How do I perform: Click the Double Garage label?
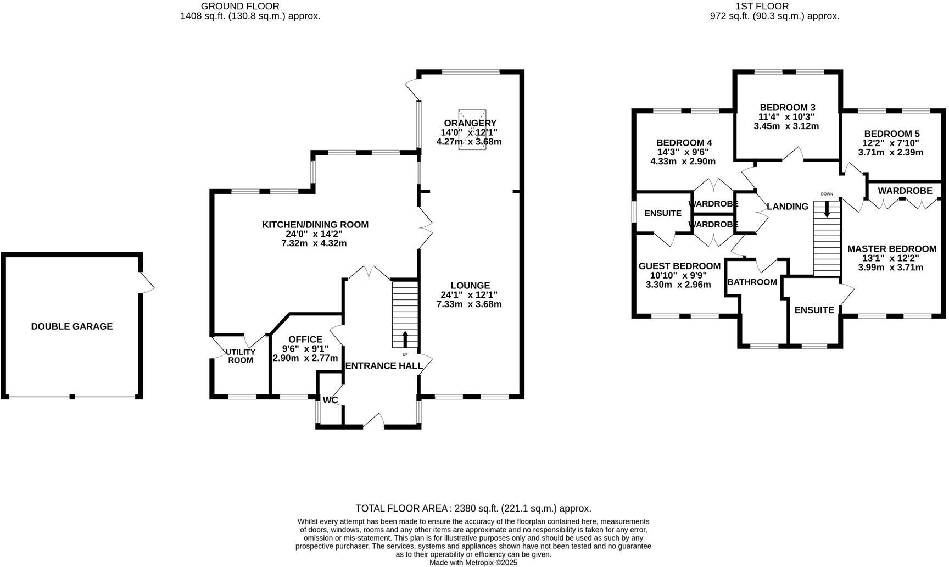pos(71,326)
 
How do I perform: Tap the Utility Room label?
pos(241,356)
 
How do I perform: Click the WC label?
pos(330,401)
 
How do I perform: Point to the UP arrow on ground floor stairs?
pos(405,338)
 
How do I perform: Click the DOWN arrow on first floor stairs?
pos(827,209)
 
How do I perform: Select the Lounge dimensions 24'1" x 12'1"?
pos(470,295)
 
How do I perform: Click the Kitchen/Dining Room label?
pos(315,225)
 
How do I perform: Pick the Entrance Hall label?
pos(383,366)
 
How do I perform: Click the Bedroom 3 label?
pos(787,108)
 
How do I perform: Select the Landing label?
pos(787,207)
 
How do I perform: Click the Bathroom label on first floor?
pos(752,282)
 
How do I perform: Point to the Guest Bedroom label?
pos(679,266)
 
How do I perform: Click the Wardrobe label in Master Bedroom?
pos(905,191)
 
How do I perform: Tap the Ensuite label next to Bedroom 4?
pos(662,213)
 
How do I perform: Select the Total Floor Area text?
pos(473,509)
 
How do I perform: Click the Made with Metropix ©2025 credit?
pos(473,563)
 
